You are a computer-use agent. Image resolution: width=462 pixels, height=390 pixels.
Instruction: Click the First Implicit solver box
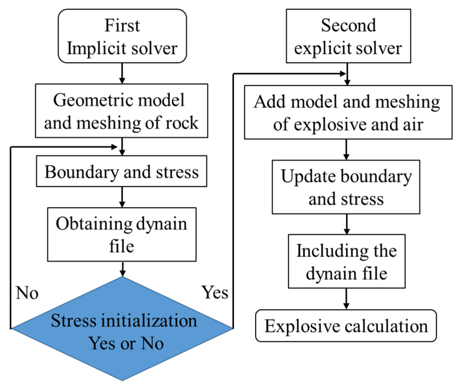coord(122,36)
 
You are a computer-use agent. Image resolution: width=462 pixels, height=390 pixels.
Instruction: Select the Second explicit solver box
coord(348,36)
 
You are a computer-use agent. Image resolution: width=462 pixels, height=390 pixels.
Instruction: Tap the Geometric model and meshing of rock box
coord(122,111)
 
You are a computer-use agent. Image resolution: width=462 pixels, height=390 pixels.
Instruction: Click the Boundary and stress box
coord(122,171)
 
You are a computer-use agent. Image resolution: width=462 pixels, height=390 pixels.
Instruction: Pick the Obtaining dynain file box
coord(122,235)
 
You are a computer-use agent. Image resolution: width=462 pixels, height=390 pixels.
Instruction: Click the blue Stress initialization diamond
coord(122,329)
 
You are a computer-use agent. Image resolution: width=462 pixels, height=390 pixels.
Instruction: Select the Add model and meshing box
coord(348,112)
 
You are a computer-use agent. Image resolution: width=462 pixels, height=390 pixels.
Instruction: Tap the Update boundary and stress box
coord(346,187)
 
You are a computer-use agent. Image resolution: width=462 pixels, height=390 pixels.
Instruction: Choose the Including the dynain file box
coord(347,261)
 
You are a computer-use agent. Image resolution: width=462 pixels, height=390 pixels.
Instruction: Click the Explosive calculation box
coord(346,326)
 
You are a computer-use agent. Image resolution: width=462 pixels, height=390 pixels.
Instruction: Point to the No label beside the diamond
coord(27,293)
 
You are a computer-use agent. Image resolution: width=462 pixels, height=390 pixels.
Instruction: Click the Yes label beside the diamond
coord(215,292)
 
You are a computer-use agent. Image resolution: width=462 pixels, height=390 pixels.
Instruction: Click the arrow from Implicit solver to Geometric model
coord(122,73)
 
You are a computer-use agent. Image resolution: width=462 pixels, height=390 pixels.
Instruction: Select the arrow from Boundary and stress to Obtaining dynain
coord(122,197)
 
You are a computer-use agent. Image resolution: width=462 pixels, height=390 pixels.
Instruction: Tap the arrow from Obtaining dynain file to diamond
coord(122,269)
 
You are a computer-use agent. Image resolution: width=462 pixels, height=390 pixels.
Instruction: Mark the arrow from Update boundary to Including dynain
coord(347,224)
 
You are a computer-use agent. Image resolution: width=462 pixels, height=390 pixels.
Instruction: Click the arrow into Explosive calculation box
coord(346,299)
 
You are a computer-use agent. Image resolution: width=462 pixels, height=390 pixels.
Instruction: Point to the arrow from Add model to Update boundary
coord(346,150)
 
